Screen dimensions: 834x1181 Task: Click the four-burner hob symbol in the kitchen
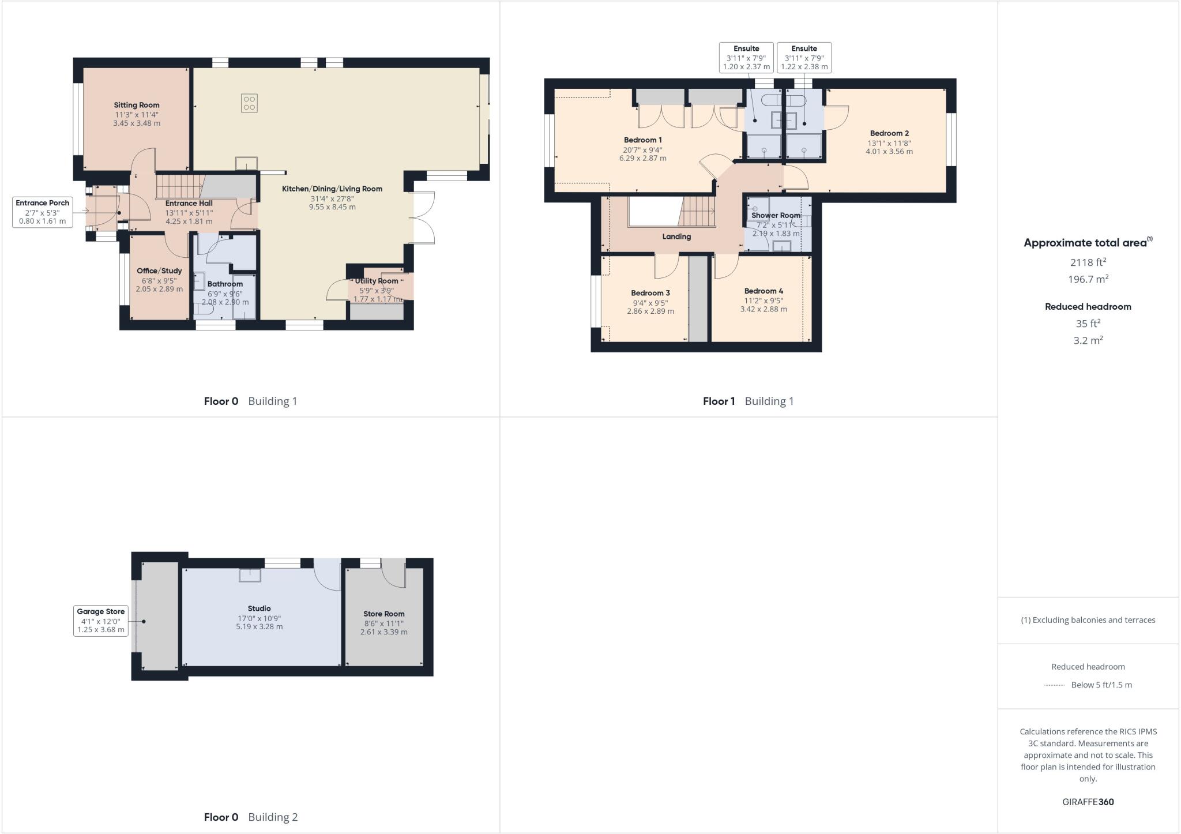pos(249,103)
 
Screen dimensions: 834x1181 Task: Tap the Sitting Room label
pos(137,105)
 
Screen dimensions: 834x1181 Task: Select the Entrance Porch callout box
pos(43,212)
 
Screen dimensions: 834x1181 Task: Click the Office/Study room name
pos(159,271)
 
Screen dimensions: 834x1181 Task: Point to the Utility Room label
pos(377,281)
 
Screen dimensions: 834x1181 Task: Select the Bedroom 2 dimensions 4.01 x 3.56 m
pos(889,152)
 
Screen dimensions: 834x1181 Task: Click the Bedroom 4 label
pos(763,291)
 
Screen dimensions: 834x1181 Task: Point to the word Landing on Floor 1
pos(676,236)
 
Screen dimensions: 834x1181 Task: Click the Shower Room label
pos(776,215)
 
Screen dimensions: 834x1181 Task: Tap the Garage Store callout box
pos(101,621)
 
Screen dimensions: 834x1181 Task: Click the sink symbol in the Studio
pos(250,575)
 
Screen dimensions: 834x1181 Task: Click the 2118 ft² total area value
pos(1088,262)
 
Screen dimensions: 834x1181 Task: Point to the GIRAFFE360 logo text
pos(1088,802)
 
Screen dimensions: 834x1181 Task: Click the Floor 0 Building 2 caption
pos(251,817)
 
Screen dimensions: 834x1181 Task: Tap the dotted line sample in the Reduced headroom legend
pos(1054,685)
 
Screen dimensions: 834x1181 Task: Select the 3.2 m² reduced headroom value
pos(1088,340)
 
